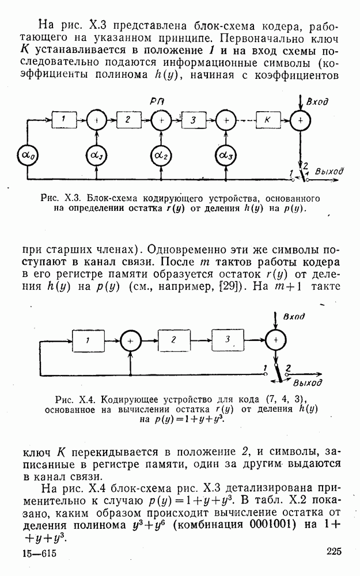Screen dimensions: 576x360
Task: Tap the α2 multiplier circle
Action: tap(160, 156)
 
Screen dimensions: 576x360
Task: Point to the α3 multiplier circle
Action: tap(226, 156)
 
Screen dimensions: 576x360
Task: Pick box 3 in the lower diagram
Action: tap(228, 339)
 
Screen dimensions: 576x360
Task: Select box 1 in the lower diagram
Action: tap(88, 340)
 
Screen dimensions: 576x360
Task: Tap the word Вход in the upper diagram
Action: tap(317, 102)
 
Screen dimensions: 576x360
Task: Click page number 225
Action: tap(334, 552)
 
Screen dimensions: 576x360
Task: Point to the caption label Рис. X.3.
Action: tap(62, 198)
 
